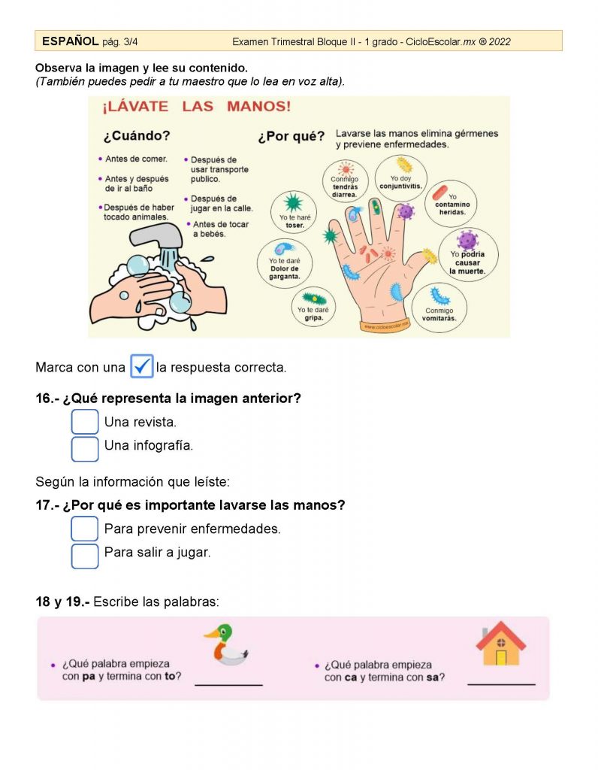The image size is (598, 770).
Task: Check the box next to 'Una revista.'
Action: tap(85, 422)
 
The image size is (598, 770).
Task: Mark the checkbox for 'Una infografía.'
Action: tap(85, 449)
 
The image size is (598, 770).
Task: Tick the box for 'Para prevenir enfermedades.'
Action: tap(85, 529)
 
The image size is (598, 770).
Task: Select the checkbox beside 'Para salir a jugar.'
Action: tap(85, 556)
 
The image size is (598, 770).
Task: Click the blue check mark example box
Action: tap(142, 366)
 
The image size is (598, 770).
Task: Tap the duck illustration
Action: tap(226, 644)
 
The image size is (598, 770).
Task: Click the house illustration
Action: tap(500, 643)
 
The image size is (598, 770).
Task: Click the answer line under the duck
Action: tap(228, 684)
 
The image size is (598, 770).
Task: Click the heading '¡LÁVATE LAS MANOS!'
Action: tap(196, 107)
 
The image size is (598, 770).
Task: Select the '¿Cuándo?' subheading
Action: tap(137, 135)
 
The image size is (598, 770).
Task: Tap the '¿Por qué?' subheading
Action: tap(291, 136)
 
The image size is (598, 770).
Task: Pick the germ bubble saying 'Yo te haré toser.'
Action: tap(294, 211)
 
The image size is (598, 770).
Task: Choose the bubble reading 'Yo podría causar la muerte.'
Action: tap(468, 254)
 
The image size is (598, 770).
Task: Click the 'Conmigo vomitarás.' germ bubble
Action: tap(439, 308)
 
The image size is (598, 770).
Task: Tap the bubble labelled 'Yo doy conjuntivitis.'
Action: tap(400, 177)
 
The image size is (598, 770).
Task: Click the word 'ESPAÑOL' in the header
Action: tap(70, 41)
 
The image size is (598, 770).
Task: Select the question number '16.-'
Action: tap(47, 399)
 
